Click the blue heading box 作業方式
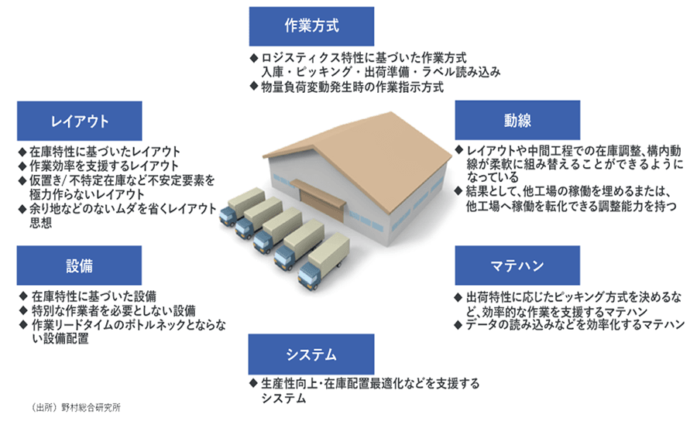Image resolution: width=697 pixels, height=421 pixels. pyautogui.click(x=311, y=26)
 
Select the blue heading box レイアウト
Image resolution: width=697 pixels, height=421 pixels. pyautogui.click(x=80, y=121)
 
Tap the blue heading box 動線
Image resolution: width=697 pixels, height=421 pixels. pyautogui.click(x=517, y=121)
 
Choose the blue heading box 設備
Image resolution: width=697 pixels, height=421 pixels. pyautogui.click(x=80, y=265)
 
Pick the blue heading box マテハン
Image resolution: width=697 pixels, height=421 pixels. pyautogui.click(x=517, y=265)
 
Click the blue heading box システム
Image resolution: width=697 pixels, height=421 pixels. pyautogui.click(x=311, y=354)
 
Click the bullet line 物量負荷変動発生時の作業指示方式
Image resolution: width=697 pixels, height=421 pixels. pyautogui.click(x=352, y=87)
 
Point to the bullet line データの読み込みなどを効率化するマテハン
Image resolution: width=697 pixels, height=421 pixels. pyautogui.click(x=573, y=324)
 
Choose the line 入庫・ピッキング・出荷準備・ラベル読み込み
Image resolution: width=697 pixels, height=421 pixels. pyautogui.click(x=380, y=72)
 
